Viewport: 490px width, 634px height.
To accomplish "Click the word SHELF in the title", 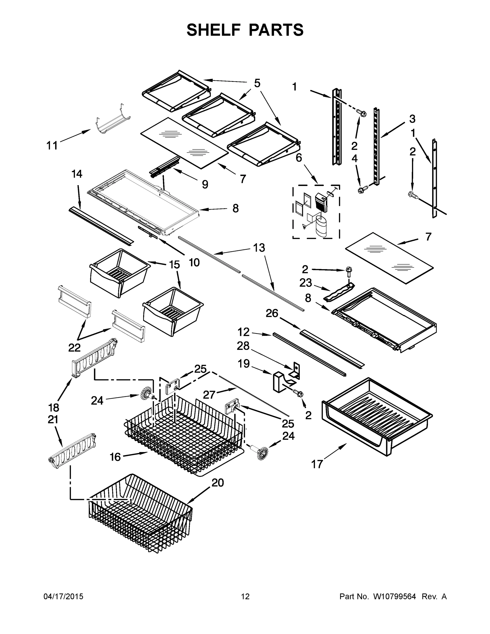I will pyautogui.click(x=214, y=30).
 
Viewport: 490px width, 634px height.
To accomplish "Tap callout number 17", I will pyautogui.click(x=317, y=464).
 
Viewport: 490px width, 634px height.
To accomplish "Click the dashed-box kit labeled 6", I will pyautogui.click(x=316, y=212).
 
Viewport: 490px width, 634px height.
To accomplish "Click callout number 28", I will pyautogui.click(x=243, y=346).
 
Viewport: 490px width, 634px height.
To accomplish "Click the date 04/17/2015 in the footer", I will pyautogui.click(x=63, y=596).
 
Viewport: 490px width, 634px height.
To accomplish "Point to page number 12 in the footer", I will pyautogui.click(x=245, y=596).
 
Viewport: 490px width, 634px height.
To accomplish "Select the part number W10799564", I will pyautogui.click(x=394, y=596).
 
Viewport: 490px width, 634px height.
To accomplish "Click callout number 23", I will pyautogui.click(x=306, y=283).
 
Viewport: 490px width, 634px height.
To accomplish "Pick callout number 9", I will pyautogui.click(x=205, y=184).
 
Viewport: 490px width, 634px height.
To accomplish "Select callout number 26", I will pyautogui.click(x=272, y=313).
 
